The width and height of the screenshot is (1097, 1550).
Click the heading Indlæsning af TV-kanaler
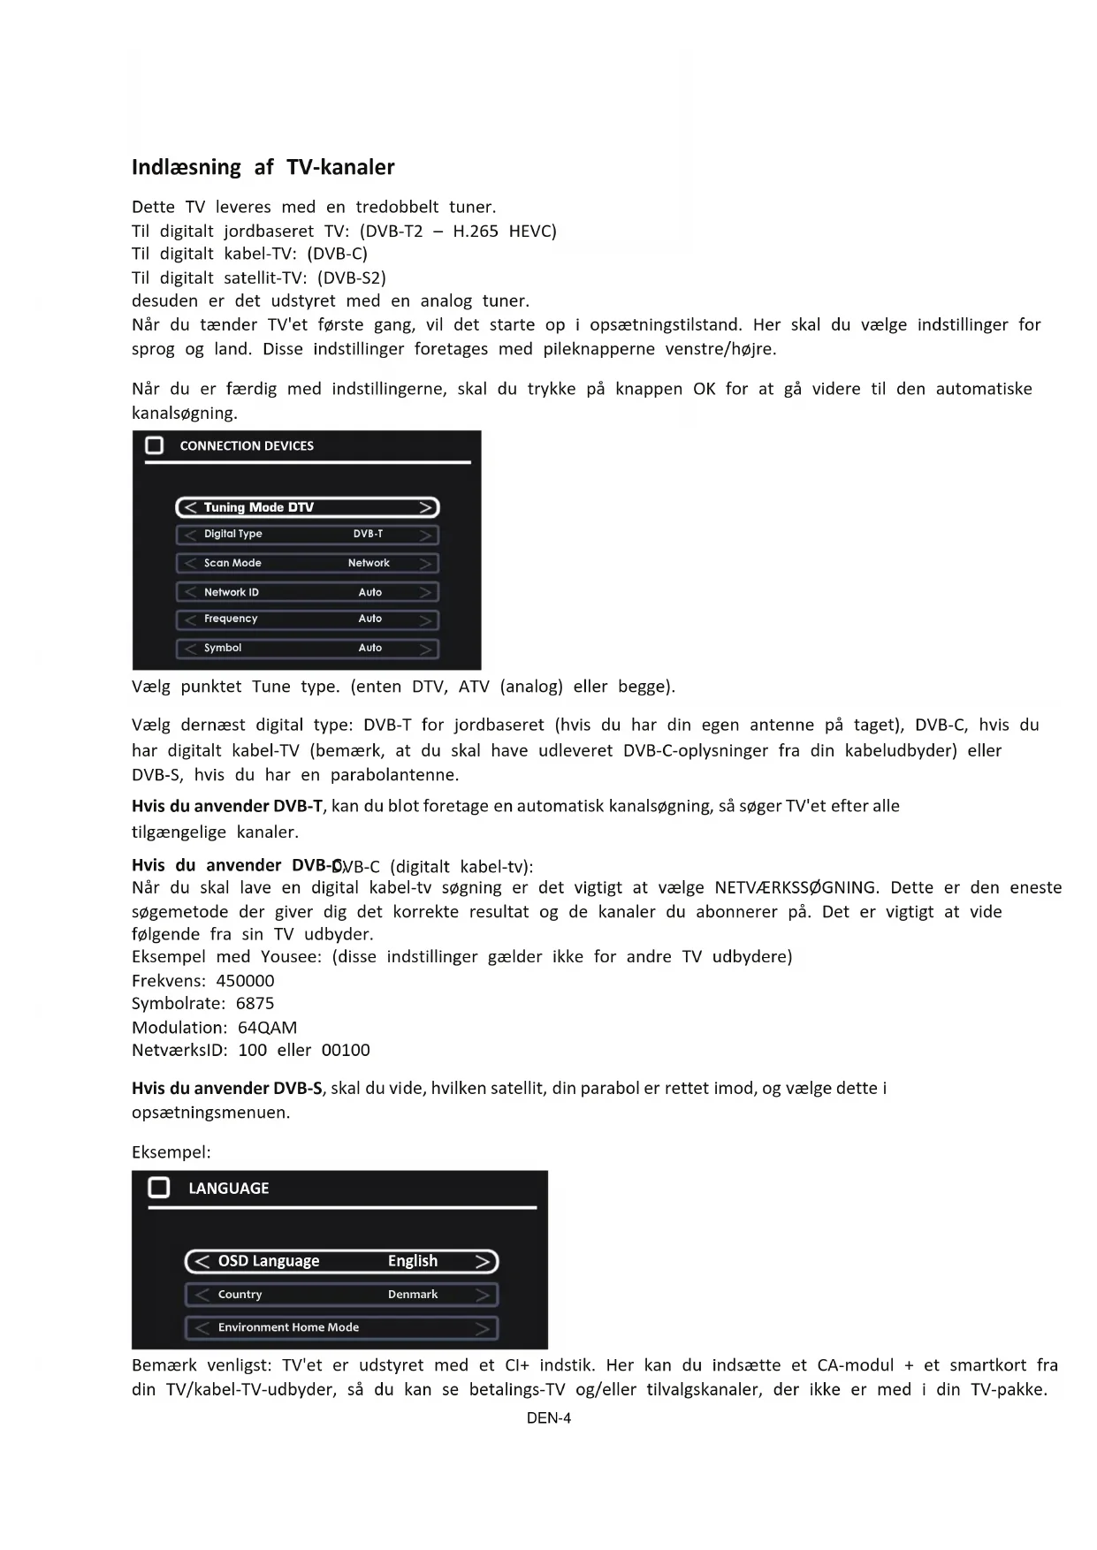(x=263, y=167)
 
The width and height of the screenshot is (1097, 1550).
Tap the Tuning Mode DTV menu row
(x=308, y=507)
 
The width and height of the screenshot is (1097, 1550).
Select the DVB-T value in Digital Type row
(x=368, y=534)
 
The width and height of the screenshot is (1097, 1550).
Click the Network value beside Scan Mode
(x=369, y=563)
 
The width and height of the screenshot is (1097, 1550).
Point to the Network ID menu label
(x=232, y=592)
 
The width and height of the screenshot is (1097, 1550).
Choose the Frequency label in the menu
(x=231, y=619)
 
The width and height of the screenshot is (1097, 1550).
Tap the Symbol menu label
(x=223, y=648)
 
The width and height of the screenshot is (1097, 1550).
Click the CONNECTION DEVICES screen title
(x=247, y=446)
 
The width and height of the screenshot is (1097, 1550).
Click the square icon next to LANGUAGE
(x=159, y=1188)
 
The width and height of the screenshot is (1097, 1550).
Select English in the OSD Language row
(x=413, y=1261)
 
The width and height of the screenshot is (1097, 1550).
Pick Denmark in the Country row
(x=413, y=1295)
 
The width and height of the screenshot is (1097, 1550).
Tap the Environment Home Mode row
(x=341, y=1327)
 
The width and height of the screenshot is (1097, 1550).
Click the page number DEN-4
(x=549, y=1418)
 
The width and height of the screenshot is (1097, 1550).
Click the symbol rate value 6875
(x=255, y=1004)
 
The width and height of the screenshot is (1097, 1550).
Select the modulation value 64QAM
(x=267, y=1028)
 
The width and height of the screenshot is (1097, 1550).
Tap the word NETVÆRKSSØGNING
(x=796, y=887)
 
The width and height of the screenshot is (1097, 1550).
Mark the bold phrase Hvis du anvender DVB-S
(x=227, y=1089)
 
